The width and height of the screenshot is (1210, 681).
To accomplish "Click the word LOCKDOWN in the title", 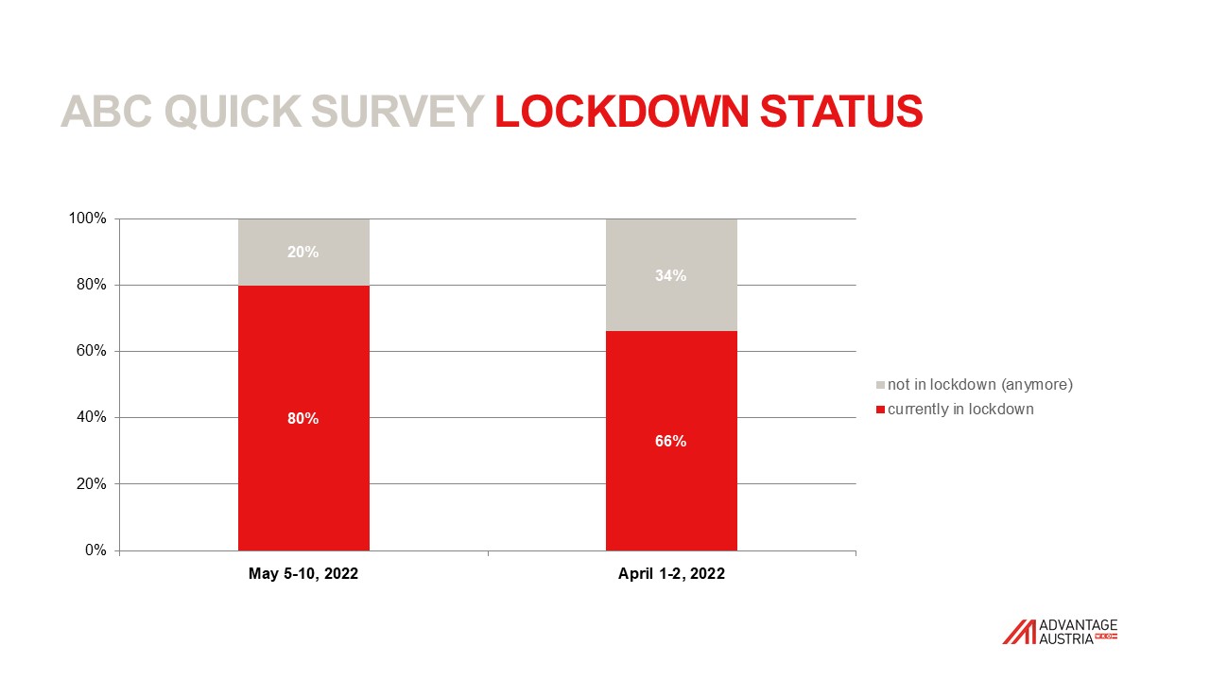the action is (622, 112).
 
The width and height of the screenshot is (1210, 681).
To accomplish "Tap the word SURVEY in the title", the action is (397, 112).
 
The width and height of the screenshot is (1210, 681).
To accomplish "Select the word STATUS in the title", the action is (841, 112).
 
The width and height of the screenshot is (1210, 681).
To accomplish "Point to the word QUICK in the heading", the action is (233, 112).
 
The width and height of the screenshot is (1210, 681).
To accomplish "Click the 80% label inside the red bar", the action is (303, 418).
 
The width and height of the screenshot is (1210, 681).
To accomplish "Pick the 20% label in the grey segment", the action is (303, 252).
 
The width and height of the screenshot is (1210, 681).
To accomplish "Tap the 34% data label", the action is (671, 275).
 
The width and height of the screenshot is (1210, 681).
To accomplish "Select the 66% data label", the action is (671, 442).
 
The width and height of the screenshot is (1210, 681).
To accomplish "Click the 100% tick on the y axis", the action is (88, 218).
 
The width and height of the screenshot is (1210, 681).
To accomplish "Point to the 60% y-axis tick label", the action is (92, 351).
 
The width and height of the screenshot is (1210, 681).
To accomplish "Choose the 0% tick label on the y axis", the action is (95, 550).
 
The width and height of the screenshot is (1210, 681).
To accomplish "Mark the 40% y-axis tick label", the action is (92, 417).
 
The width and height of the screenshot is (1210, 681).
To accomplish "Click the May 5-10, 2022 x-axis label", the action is (303, 573).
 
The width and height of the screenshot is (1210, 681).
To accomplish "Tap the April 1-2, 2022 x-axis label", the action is (671, 573).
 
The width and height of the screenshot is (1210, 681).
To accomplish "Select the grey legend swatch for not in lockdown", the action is (880, 385).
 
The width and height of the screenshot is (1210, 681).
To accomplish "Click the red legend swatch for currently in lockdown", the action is (880, 410).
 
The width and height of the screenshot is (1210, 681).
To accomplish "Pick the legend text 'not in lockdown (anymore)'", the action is (980, 385).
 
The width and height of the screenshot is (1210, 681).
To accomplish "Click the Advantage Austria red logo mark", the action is (1020, 632).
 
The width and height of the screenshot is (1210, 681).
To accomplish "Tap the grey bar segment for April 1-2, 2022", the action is (671, 275).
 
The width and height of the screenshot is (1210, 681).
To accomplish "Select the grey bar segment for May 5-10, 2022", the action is (303, 252).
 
